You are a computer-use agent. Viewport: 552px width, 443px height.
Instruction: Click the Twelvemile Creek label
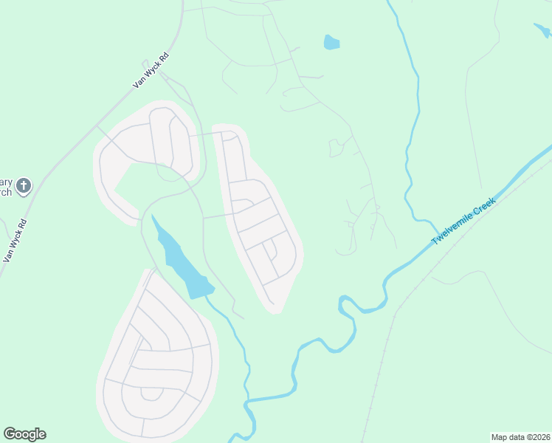(x=464, y=221)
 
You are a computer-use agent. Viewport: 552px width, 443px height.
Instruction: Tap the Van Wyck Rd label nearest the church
(x=15, y=241)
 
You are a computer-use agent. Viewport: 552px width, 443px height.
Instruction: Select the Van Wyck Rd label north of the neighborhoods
(x=151, y=71)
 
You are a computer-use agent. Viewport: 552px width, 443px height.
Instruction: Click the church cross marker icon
(x=24, y=185)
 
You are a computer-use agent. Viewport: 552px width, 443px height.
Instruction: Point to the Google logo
(x=24, y=434)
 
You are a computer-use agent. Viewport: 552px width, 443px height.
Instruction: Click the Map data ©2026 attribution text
(x=520, y=437)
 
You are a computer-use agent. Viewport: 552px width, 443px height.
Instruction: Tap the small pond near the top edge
(x=331, y=42)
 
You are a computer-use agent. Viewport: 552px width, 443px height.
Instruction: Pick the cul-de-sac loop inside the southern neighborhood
(x=151, y=393)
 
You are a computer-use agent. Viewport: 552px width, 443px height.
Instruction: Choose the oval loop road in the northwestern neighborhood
(x=162, y=140)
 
